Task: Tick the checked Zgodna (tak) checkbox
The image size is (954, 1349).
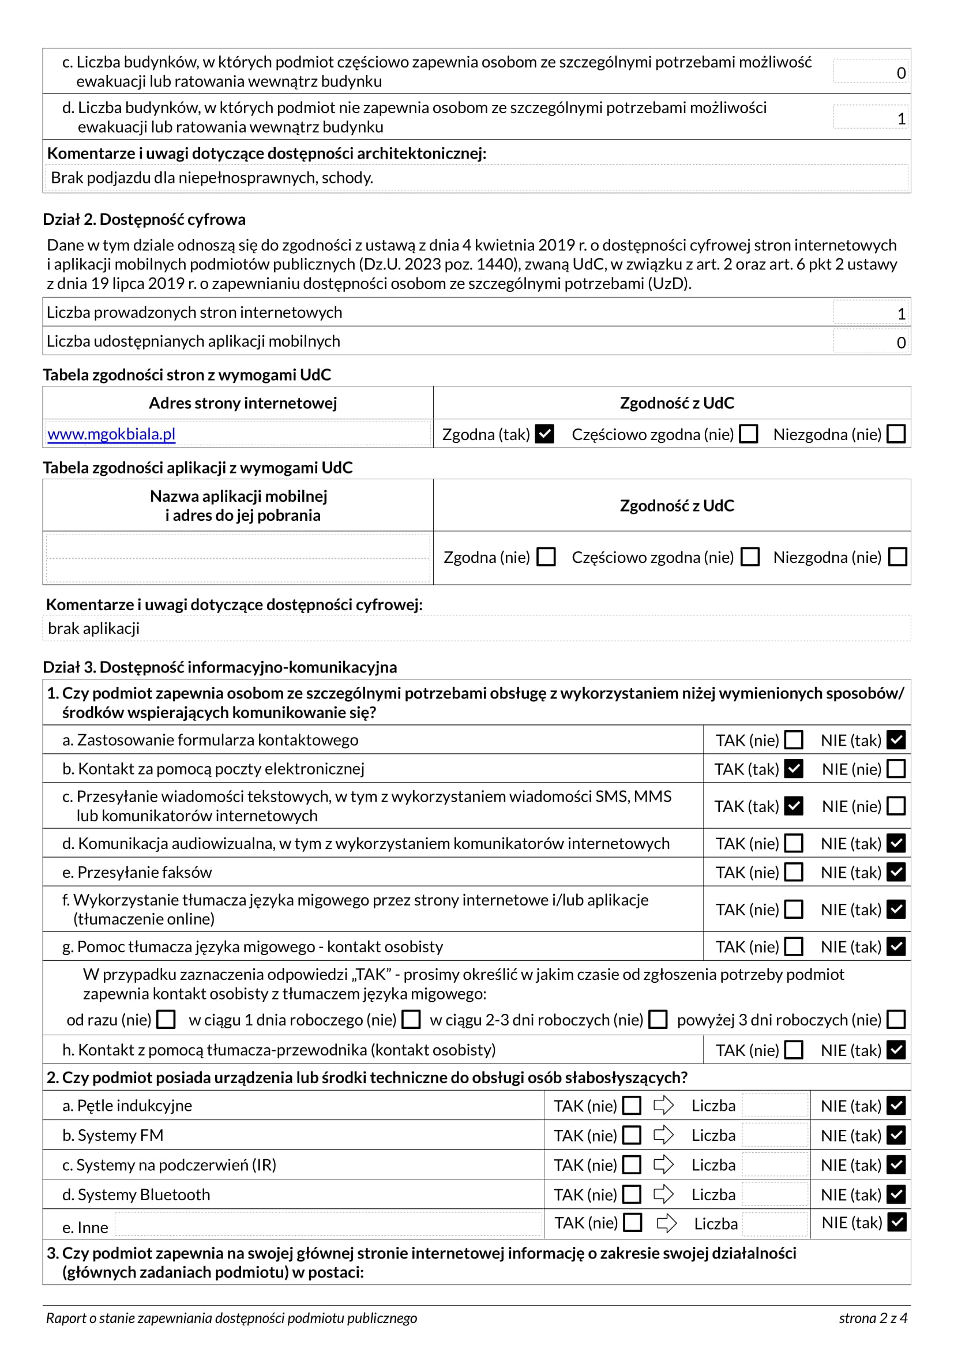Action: [544, 434]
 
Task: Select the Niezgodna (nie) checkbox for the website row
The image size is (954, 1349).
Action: [896, 434]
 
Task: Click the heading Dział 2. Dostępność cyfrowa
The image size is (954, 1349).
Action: [144, 220]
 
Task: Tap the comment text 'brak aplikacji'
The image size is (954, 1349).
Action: [94, 629]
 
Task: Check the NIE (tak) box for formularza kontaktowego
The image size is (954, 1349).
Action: [896, 740]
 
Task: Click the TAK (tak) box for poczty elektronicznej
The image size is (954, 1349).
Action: [794, 768]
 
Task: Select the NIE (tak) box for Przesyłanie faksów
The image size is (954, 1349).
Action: [896, 872]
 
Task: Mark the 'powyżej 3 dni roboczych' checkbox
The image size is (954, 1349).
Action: [896, 1019]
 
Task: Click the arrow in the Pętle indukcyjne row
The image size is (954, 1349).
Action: [663, 1105]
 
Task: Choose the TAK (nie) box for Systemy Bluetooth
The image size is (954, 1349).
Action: [632, 1194]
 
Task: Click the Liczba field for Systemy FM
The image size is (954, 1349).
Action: [775, 1135]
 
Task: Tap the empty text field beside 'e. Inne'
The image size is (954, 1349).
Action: [328, 1224]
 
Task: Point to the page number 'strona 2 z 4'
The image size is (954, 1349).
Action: [873, 1318]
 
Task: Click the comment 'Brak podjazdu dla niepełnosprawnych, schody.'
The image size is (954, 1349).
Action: [212, 178]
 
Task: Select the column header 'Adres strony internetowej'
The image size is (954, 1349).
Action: [243, 403]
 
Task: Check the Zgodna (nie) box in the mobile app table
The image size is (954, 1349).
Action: [546, 557]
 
